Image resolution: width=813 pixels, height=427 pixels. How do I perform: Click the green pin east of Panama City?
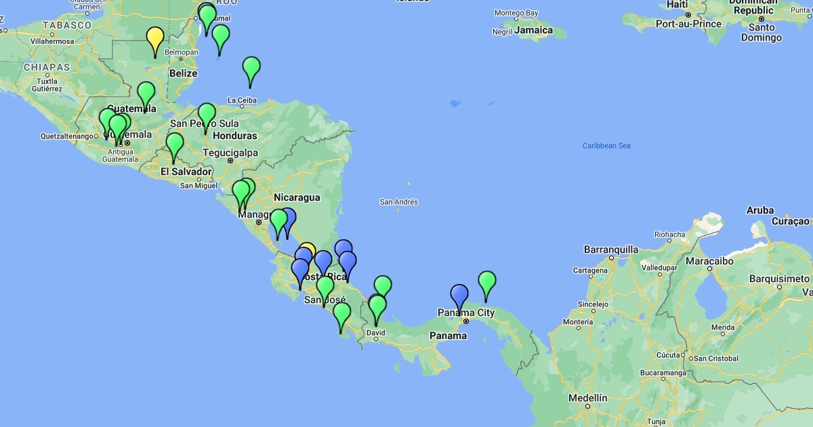(487, 282)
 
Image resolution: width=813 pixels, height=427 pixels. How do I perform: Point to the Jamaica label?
(533, 30)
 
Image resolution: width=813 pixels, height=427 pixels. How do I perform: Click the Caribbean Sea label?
(606, 146)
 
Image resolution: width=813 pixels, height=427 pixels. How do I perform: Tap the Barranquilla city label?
(610, 249)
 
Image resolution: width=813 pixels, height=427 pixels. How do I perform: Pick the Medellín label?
(587, 398)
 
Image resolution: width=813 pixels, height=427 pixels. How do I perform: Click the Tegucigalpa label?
(230, 152)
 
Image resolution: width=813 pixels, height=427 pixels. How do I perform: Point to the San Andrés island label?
(398, 202)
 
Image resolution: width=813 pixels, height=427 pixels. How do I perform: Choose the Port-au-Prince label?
(687, 24)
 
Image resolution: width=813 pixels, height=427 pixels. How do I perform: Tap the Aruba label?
(760, 210)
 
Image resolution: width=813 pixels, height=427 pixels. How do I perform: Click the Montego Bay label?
(516, 13)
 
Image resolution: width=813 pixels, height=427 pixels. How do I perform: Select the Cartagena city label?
(590, 270)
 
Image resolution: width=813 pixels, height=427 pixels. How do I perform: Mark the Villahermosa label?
(51, 41)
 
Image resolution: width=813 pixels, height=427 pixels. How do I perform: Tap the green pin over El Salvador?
(175, 144)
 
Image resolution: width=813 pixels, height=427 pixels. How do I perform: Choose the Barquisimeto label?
(779, 279)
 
